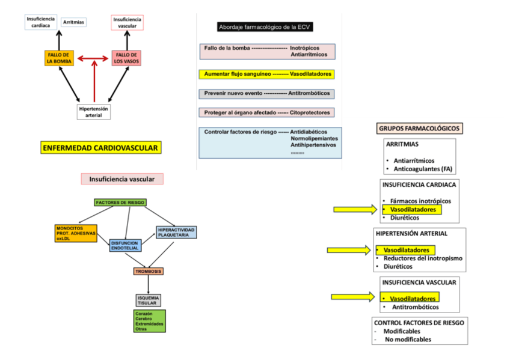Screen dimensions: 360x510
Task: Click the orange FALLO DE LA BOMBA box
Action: (59, 58)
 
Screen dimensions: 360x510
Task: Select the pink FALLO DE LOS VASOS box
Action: (126, 58)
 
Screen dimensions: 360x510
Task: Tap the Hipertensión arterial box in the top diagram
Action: (94, 112)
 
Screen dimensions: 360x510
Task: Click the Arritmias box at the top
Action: (73, 22)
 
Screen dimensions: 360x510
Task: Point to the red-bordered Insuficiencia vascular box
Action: (127, 22)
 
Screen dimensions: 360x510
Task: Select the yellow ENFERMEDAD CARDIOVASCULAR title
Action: (101, 148)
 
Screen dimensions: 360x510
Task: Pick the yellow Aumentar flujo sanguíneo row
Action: (266, 74)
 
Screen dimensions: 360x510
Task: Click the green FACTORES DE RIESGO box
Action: (120, 203)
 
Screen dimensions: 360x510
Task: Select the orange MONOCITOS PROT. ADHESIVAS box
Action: (76, 233)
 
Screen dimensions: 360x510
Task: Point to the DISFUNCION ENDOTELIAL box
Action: (125, 245)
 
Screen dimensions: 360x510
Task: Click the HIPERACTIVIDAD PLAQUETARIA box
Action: (176, 232)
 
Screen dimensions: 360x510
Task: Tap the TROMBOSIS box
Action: (149, 271)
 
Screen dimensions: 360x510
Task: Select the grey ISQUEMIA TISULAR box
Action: (149, 300)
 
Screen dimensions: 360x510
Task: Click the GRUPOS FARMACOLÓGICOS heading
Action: (419, 128)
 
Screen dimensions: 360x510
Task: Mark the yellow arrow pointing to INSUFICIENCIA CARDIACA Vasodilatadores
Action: (353, 209)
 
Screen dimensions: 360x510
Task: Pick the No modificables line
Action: (408, 339)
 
